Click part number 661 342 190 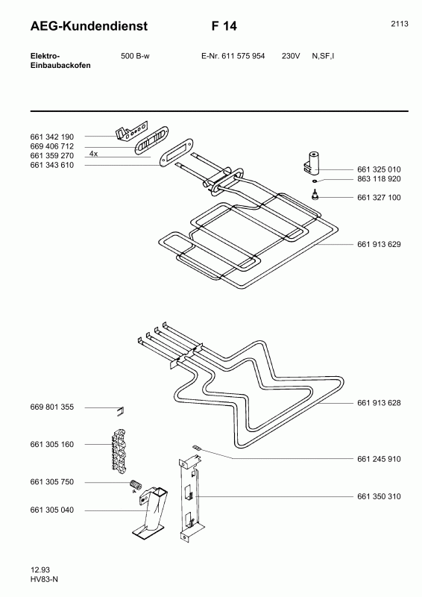coord(51,137)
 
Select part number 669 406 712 coord(51,146)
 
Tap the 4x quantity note coord(93,154)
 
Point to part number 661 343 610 coord(51,165)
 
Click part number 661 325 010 coord(379,169)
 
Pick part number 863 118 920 coord(379,179)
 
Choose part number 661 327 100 coord(379,197)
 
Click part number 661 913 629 coord(379,244)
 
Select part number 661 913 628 coord(379,403)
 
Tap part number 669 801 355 coord(51,407)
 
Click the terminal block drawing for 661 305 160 coord(119,450)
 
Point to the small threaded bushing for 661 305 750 coord(135,485)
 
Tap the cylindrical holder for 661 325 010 coord(312,162)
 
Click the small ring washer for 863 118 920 coord(315,181)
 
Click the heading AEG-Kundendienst coord(89,26)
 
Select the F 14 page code coord(224,26)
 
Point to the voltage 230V coord(291,56)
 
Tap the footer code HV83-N coord(44,579)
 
